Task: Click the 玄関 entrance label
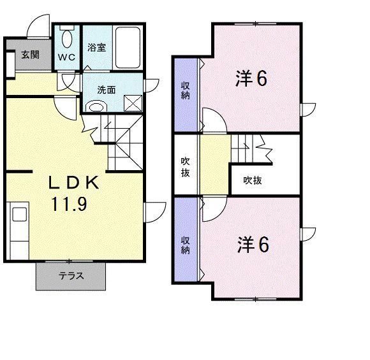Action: [x=29, y=54]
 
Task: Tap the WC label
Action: [x=66, y=57]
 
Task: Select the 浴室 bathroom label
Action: [x=96, y=47]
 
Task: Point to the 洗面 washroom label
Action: [x=107, y=90]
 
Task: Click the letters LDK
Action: [x=74, y=184]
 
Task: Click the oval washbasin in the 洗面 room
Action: [x=95, y=106]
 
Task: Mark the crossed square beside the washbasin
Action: [x=132, y=102]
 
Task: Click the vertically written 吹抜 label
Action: [x=184, y=166]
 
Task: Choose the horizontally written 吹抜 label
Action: [x=253, y=180]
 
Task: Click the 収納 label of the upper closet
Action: [x=185, y=91]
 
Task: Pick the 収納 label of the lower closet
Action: [x=185, y=245]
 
